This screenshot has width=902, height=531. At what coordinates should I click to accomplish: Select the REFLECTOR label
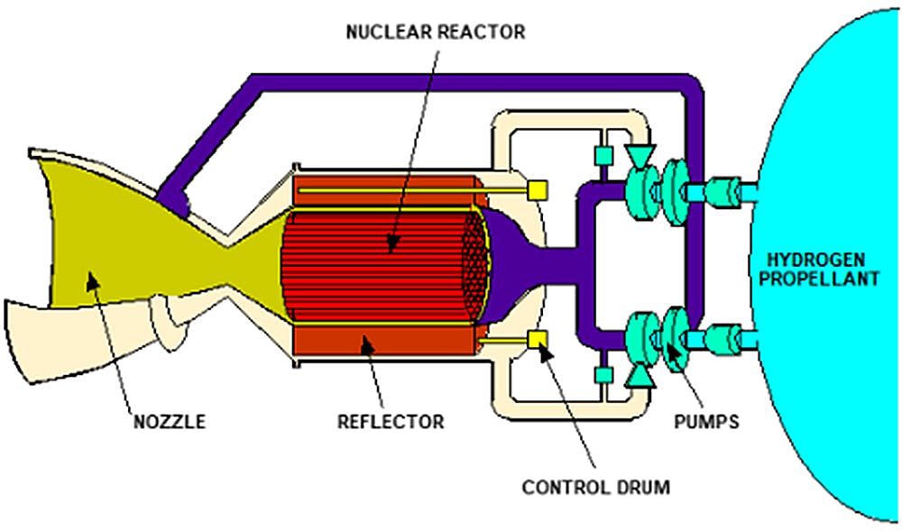[391, 421]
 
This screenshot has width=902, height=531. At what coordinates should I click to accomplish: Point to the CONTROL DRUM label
[596, 488]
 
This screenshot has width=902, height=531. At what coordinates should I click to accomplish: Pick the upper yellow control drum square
[537, 190]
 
